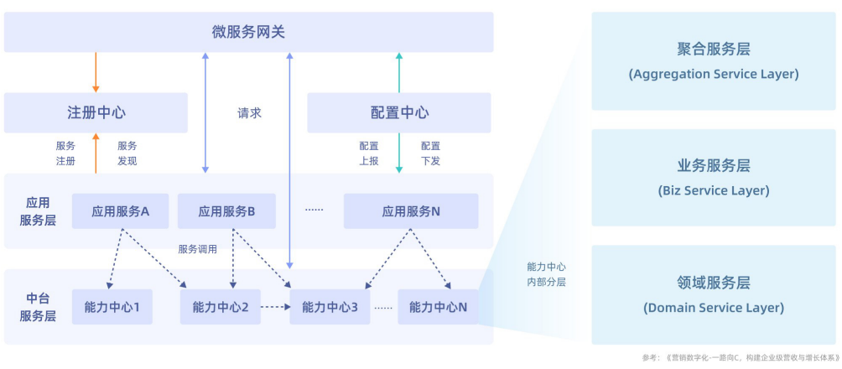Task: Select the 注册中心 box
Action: (96, 112)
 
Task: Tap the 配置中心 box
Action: (398, 112)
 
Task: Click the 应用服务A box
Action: (120, 211)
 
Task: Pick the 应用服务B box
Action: (226, 211)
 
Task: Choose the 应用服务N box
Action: (411, 211)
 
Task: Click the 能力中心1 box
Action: (112, 307)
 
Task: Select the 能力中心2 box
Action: (220, 307)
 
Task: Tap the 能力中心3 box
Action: (330, 307)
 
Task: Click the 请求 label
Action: (249, 112)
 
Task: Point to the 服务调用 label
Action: (198, 249)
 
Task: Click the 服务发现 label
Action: (127, 153)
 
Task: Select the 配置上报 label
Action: (369, 153)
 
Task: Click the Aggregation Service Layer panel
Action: (713, 60)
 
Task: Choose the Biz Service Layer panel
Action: (713, 177)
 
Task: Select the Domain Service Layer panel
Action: (713, 294)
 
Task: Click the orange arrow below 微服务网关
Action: (96, 72)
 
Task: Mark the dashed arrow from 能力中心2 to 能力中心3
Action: (275, 307)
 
